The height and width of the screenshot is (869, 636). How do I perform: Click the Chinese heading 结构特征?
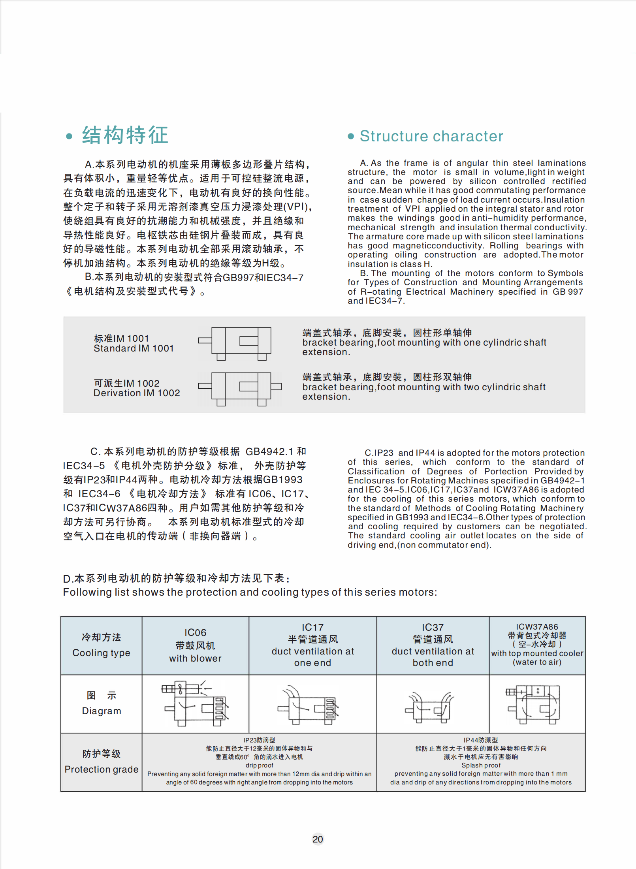tap(125, 135)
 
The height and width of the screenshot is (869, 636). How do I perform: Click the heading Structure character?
tap(431, 136)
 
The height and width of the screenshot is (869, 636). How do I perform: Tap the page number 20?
tap(318, 839)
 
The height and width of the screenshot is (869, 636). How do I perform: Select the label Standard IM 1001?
tap(134, 348)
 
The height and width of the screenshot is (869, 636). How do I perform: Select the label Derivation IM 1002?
tap(137, 393)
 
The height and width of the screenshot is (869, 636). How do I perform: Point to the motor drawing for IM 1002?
tap(240, 388)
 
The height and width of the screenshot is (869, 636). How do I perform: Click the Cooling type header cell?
tap(101, 645)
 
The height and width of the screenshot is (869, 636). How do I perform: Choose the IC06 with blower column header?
tap(195, 645)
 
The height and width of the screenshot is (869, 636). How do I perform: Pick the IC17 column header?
tap(312, 645)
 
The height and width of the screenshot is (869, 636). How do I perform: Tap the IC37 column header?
tap(433, 645)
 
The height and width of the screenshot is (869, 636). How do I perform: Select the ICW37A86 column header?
tap(537, 645)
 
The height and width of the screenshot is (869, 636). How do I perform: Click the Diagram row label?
tap(102, 703)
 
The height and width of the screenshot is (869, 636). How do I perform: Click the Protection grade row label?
tap(102, 762)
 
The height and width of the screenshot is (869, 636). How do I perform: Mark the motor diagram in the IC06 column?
tap(196, 703)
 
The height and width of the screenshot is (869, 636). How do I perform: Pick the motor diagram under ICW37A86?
tap(534, 704)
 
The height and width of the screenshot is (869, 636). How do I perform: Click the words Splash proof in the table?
tap(481, 765)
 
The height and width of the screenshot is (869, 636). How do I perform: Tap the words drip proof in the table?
tap(259, 765)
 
